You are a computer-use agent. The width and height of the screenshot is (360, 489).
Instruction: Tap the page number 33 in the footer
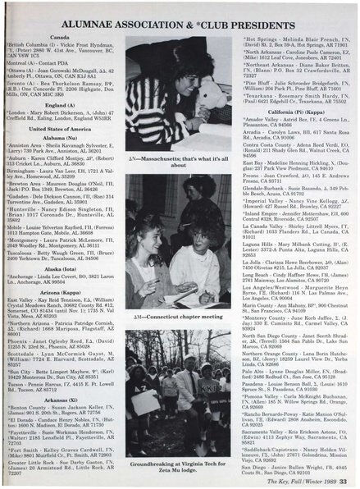point(349,478)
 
